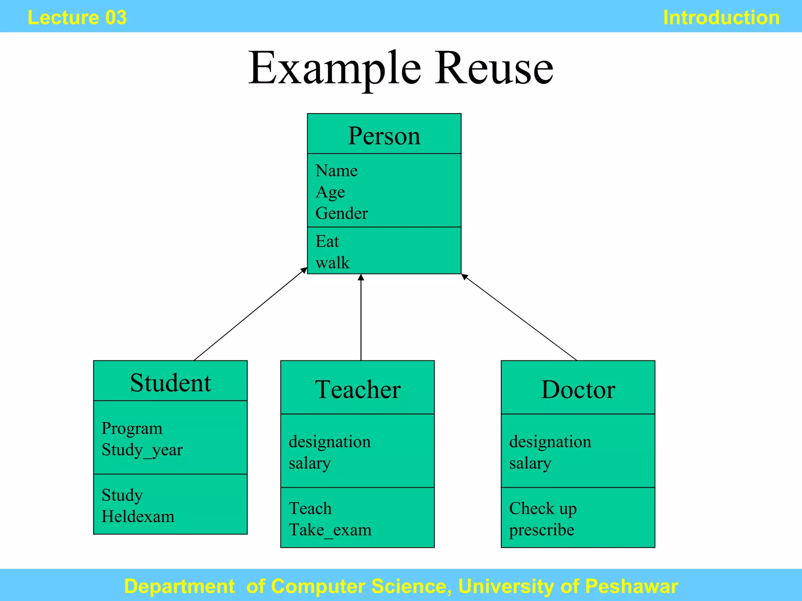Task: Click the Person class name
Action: (384, 136)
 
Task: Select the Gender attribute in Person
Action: (341, 213)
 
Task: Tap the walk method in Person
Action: (332, 263)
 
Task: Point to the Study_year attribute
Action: (142, 450)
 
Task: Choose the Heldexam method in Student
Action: (138, 516)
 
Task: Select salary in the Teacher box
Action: (310, 463)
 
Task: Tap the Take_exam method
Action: (330, 530)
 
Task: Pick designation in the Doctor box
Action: (550, 442)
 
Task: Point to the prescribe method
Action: (542, 530)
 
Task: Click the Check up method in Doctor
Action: (543, 509)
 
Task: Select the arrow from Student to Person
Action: (251, 314)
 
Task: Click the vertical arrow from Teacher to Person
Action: (361, 317)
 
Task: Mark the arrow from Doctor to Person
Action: (519, 317)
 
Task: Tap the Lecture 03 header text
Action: (77, 18)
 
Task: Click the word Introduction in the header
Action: (721, 18)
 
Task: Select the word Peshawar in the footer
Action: (631, 586)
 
